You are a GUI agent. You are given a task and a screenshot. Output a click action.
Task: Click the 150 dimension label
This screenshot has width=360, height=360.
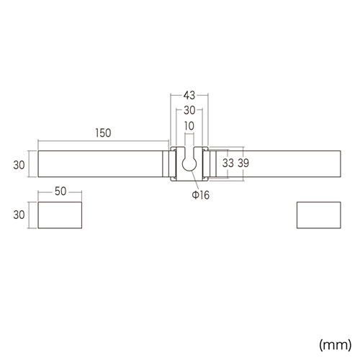[x=103, y=133]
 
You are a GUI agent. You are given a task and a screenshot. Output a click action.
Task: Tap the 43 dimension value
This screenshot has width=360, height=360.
[x=189, y=96]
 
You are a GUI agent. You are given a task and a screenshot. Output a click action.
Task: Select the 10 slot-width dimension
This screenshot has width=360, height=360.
[x=189, y=126]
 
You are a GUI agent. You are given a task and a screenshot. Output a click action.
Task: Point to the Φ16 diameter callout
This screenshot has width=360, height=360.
[x=200, y=194]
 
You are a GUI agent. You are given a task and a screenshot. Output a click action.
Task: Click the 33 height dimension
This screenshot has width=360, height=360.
[x=228, y=163]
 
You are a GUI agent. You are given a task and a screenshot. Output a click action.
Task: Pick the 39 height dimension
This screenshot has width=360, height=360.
[x=243, y=163]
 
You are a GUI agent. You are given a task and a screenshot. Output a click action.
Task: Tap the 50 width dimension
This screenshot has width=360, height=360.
[x=60, y=192]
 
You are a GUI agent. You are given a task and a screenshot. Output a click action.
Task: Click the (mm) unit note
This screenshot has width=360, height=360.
[x=335, y=345]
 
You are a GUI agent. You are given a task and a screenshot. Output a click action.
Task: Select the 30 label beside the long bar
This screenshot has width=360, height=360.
[x=19, y=165]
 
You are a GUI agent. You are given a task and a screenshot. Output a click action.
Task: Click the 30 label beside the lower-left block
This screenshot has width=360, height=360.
[x=19, y=215]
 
